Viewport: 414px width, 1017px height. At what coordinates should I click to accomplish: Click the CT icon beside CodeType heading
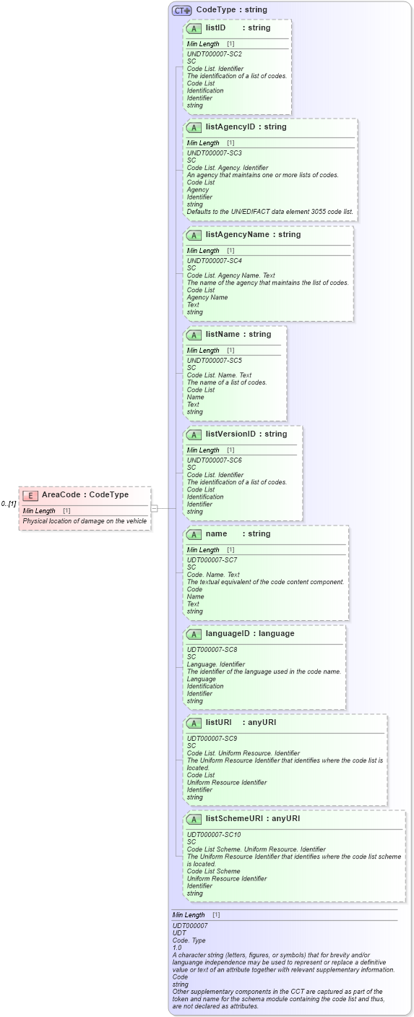181,10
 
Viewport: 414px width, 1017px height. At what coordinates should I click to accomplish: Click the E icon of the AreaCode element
30,495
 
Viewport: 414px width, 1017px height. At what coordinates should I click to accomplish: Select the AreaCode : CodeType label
85,495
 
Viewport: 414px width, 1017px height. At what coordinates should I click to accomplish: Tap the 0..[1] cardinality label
8,504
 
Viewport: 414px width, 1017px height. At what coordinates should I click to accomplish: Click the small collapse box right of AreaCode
154,508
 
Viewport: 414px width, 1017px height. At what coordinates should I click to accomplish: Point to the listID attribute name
215,28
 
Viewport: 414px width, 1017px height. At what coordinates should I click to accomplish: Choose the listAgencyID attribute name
230,127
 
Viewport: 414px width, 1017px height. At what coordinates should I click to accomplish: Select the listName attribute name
223,335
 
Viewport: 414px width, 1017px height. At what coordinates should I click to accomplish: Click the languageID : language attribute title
249,634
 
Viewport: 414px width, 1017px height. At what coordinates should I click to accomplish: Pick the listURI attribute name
218,723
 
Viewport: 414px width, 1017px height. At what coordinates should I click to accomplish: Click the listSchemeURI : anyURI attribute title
252,819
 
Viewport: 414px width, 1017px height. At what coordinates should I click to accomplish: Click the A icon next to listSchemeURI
194,819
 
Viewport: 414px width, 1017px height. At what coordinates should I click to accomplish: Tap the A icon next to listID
194,28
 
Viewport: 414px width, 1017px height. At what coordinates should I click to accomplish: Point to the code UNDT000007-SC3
214,153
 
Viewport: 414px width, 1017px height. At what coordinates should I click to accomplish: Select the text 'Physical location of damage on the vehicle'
85,521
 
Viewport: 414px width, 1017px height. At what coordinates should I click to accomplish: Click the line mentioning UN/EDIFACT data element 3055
269,212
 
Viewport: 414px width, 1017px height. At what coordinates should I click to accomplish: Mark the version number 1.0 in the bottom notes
177,947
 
